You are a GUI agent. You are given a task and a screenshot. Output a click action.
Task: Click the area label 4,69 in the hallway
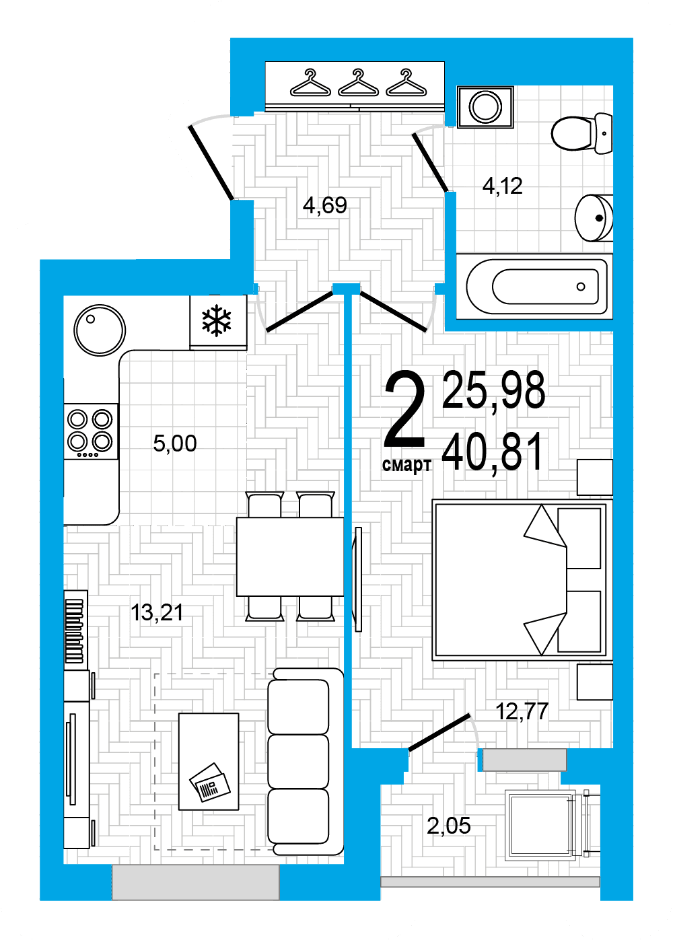click(325, 205)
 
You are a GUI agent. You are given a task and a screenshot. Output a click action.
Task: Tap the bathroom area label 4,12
click(502, 186)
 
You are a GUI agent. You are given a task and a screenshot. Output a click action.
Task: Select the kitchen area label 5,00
click(175, 443)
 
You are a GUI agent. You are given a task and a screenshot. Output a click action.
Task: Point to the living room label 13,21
click(157, 612)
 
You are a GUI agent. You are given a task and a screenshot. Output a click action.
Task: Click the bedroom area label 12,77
click(522, 711)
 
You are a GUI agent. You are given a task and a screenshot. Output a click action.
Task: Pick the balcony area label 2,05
click(448, 826)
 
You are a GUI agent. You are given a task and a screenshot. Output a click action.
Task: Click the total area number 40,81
click(493, 452)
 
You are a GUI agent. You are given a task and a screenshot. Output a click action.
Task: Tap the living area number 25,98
click(494, 390)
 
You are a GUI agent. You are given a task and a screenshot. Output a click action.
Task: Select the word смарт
click(406, 465)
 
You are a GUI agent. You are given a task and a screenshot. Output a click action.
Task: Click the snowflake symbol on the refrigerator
click(216, 320)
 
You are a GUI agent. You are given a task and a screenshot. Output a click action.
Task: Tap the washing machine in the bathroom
click(485, 106)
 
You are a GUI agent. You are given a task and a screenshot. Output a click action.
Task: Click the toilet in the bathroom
click(582, 133)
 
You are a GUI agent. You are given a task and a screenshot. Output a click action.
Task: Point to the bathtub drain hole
click(581, 287)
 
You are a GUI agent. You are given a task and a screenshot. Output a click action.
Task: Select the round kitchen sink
click(100, 330)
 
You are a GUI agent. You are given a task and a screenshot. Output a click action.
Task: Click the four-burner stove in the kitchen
click(91, 431)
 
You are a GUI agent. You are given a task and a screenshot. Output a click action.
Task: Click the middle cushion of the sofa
click(298, 761)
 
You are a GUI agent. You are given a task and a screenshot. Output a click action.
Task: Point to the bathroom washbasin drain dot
click(599, 218)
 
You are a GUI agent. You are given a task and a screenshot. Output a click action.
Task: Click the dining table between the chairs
click(290, 556)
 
